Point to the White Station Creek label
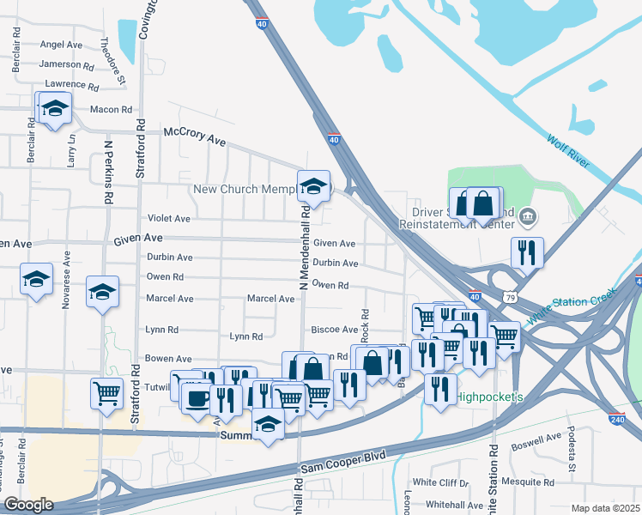click(x=572, y=305)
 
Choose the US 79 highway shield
click(x=510, y=297)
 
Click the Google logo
click(x=28, y=505)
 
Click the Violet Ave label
click(x=169, y=219)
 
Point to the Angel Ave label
click(x=61, y=45)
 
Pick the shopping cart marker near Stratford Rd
click(x=106, y=393)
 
